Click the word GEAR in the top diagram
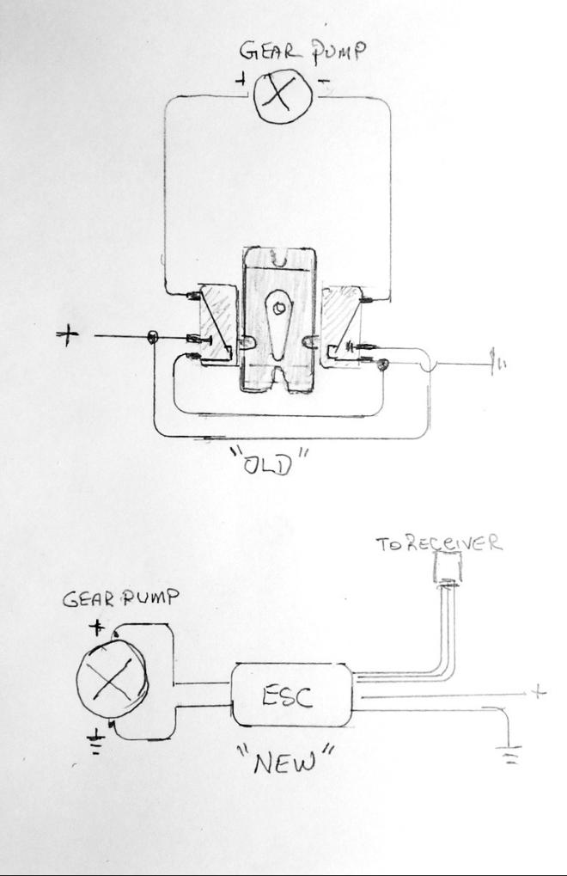click(x=267, y=51)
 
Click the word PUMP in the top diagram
click(x=338, y=52)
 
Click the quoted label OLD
click(x=270, y=461)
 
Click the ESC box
click(x=292, y=695)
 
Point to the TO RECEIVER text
click(x=439, y=543)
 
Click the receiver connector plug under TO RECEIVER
click(x=448, y=567)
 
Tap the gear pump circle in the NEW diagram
click(x=113, y=680)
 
